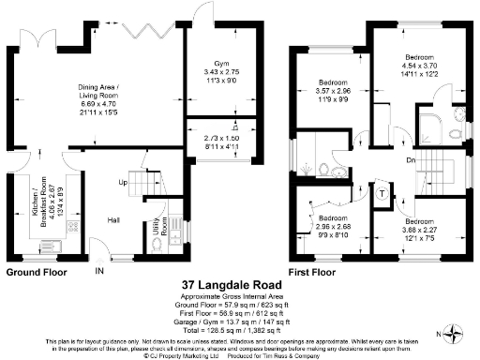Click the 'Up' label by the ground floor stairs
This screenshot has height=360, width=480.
click(123, 183)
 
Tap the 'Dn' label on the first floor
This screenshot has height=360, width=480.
click(412, 159)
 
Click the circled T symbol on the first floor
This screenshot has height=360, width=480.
click(383, 193)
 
